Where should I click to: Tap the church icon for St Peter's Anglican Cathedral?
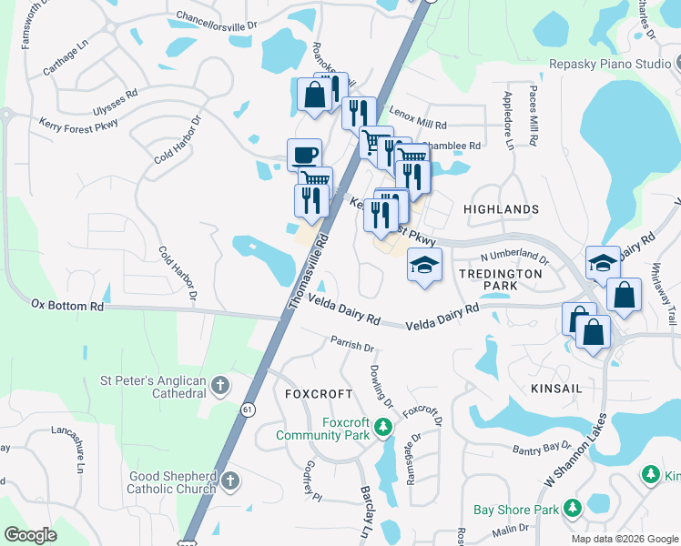[219, 386]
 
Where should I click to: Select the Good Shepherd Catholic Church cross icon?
[230, 480]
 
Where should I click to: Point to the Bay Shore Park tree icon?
[572, 508]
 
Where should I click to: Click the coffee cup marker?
[304, 155]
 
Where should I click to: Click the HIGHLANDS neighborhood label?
[501, 209]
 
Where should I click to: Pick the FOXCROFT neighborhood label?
[318, 394]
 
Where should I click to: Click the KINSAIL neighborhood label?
[555, 388]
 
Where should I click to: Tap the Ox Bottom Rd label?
[67, 305]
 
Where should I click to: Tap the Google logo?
[30, 535]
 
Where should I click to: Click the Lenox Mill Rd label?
[419, 123]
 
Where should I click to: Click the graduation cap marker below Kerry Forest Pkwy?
[424, 265]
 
